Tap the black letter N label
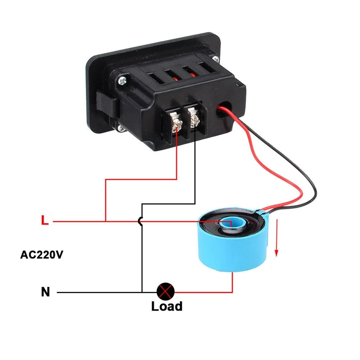click(45, 292)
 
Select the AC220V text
click(41, 255)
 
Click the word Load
click(166, 306)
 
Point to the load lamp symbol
click(166, 291)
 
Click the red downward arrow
click(277, 238)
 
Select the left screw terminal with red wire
click(177, 123)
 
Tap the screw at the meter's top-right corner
click(216, 58)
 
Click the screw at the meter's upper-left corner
click(122, 81)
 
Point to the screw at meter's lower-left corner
click(121, 128)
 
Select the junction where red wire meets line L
click(106, 221)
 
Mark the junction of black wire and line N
click(142, 292)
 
